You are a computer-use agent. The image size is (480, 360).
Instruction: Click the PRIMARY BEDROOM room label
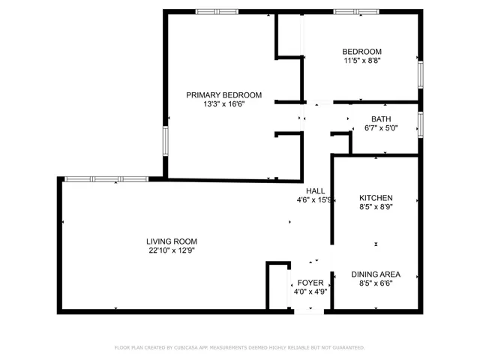point(223,94)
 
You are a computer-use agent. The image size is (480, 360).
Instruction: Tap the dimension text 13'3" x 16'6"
point(223,104)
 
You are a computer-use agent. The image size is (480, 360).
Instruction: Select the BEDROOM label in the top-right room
point(362,51)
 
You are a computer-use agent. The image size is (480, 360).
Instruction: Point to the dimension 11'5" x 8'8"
point(362,61)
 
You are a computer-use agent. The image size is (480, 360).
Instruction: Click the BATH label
point(381,118)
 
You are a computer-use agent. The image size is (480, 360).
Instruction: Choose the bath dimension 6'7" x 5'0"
point(381,128)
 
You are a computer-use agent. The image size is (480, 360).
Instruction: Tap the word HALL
point(315,190)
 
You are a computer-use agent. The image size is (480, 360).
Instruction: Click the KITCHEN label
point(376,198)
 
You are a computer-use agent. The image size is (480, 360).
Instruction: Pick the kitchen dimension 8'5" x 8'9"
point(376,208)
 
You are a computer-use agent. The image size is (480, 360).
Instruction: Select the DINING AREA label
point(376,274)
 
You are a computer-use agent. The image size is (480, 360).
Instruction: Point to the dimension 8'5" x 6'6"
point(376,283)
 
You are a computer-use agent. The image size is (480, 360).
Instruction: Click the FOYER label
point(310,283)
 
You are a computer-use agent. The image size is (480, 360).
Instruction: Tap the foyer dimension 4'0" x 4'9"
point(310,292)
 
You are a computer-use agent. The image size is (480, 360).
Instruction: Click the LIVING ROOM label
point(171,241)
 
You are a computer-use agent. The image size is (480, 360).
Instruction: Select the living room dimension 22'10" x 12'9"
point(171,251)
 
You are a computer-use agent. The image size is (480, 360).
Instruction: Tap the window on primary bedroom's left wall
point(165,140)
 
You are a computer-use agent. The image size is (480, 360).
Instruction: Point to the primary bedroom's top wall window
point(217,11)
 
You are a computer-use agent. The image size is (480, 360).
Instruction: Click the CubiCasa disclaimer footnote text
point(239,347)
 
